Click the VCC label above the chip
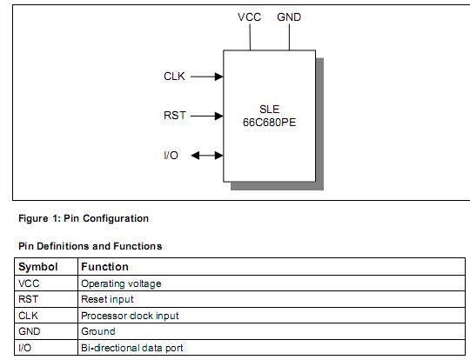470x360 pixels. point(249,17)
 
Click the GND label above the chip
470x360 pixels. point(290,17)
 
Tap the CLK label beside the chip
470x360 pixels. point(174,77)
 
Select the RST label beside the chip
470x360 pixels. point(174,116)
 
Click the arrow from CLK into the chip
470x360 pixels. point(206,77)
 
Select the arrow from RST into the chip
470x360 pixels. point(206,116)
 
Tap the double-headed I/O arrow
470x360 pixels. point(207,156)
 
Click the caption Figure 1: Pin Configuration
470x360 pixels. point(84,218)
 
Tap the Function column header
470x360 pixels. point(104,267)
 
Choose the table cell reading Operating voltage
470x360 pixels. point(121,283)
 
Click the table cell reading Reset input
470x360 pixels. point(108,299)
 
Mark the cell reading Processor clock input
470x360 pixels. point(130,316)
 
